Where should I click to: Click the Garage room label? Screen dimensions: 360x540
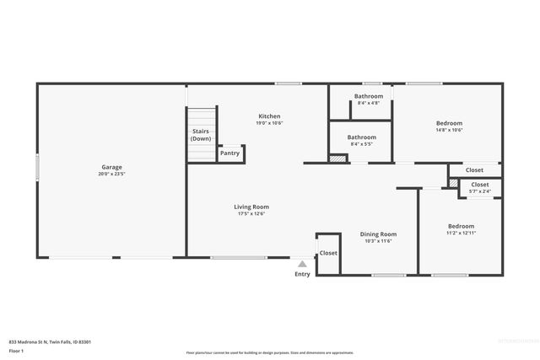pyautogui.click(x=111, y=167)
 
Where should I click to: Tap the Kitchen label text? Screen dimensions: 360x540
pyautogui.click(x=269, y=116)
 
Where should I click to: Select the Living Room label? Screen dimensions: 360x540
pyautogui.click(x=251, y=207)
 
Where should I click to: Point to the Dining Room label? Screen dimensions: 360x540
pyautogui.click(x=378, y=234)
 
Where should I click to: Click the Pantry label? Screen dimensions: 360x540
pyautogui.click(x=229, y=153)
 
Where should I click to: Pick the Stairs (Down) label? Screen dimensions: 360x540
pyautogui.click(x=201, y=135)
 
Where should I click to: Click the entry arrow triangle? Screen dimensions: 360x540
pyautogui.click(x=302, y=264)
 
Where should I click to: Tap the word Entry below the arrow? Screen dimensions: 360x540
pyautogui.click(x=302, y=274)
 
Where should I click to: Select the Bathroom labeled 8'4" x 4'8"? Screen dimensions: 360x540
pyautogui.click(x=369, y=96)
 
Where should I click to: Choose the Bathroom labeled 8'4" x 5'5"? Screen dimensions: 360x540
pyautogui.click(x=361, y=137)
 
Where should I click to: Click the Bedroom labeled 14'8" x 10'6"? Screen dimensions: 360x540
pyautogui.click(x=449, y=123)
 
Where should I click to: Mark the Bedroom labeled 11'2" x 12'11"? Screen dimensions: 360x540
pyautogui.click(x=461, y=227)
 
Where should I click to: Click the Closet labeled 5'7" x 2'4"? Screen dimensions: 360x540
pyautogui.click(x=479, y=185)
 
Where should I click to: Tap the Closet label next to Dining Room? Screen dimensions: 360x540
pyautogui.click(x=328, y=253)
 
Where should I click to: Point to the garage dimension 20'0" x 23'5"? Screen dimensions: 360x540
pyautogui.click(x=111, y=175)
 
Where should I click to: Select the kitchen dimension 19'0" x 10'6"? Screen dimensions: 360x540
pyautogui.click(x=269, y=123)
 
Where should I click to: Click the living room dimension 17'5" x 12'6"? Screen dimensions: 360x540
pyautogui.click(x=251, y=214)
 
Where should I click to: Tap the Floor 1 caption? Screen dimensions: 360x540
pyautogui.click(x=16, y=350)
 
